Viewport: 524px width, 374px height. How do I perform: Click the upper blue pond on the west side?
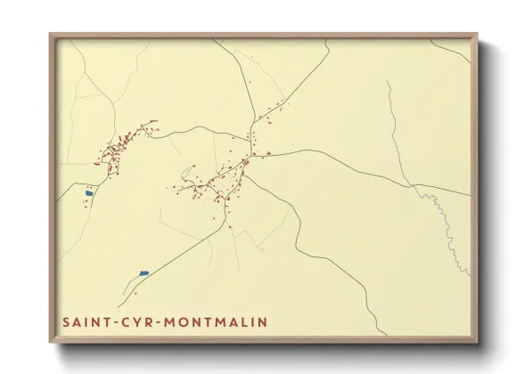pyautogui.click(x=88, y=191)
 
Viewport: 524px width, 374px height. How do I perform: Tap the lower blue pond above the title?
pyautogui.click(x=144, y=272)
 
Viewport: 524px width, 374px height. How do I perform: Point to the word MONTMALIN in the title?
pyautogui.click(x=211, y=321)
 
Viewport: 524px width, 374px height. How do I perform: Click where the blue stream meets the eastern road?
pyautogui.click(x=411, y=184)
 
